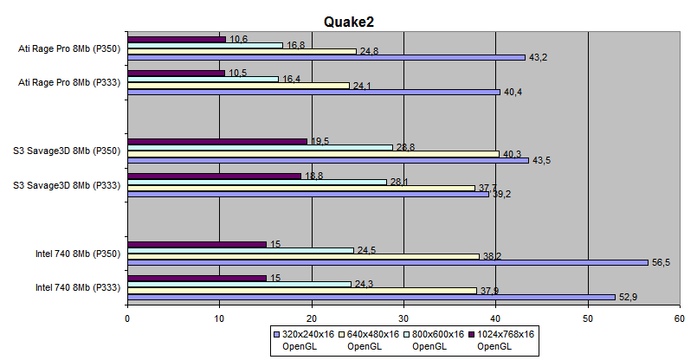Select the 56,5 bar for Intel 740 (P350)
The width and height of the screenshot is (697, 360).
pyautogui.click(x=387, y=262)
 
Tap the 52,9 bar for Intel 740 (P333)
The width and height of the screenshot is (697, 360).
pyautogui.click(x=371, y=296)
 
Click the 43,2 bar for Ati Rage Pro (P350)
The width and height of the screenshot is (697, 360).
pyautogui.click(x=326, y=57)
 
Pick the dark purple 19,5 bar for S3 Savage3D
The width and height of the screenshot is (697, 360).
pyautogui.click(x=217, y=141)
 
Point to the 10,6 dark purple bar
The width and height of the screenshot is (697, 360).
pyautogui.click(x=177, y=39)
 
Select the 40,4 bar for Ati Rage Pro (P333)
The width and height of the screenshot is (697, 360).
pyautogui.click(x=313, y=91)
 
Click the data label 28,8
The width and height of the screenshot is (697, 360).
pyautogui.click(x=406, y=147)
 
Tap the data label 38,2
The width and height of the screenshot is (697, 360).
pyautogui.click(x=492, y=256)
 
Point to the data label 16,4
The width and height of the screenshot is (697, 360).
pyautogui.click(x=293, y=79)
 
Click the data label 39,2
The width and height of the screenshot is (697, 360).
pyautogui.click(x=502, y=194)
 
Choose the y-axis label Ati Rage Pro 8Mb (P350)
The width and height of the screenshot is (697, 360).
pyautogui.click(x=68, y=48)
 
